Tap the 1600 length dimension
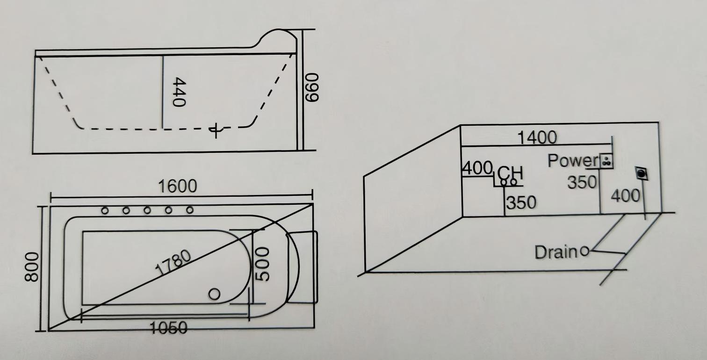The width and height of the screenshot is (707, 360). (177, 187)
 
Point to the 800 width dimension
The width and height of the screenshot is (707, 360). (31, 266)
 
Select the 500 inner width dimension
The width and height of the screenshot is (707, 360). (263, 264)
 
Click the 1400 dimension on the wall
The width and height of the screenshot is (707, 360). (537, 137)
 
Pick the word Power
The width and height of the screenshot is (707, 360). (572, 161)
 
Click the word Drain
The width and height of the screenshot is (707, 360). (556, 252)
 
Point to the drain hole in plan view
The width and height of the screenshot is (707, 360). (214, 294)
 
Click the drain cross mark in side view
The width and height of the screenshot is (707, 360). (215, 130)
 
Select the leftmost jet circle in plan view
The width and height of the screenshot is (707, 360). (105, 211)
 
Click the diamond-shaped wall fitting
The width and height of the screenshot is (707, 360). (642, 174)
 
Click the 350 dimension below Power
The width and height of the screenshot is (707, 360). (582, 182)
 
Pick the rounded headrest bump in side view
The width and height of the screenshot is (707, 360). (277, 37)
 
